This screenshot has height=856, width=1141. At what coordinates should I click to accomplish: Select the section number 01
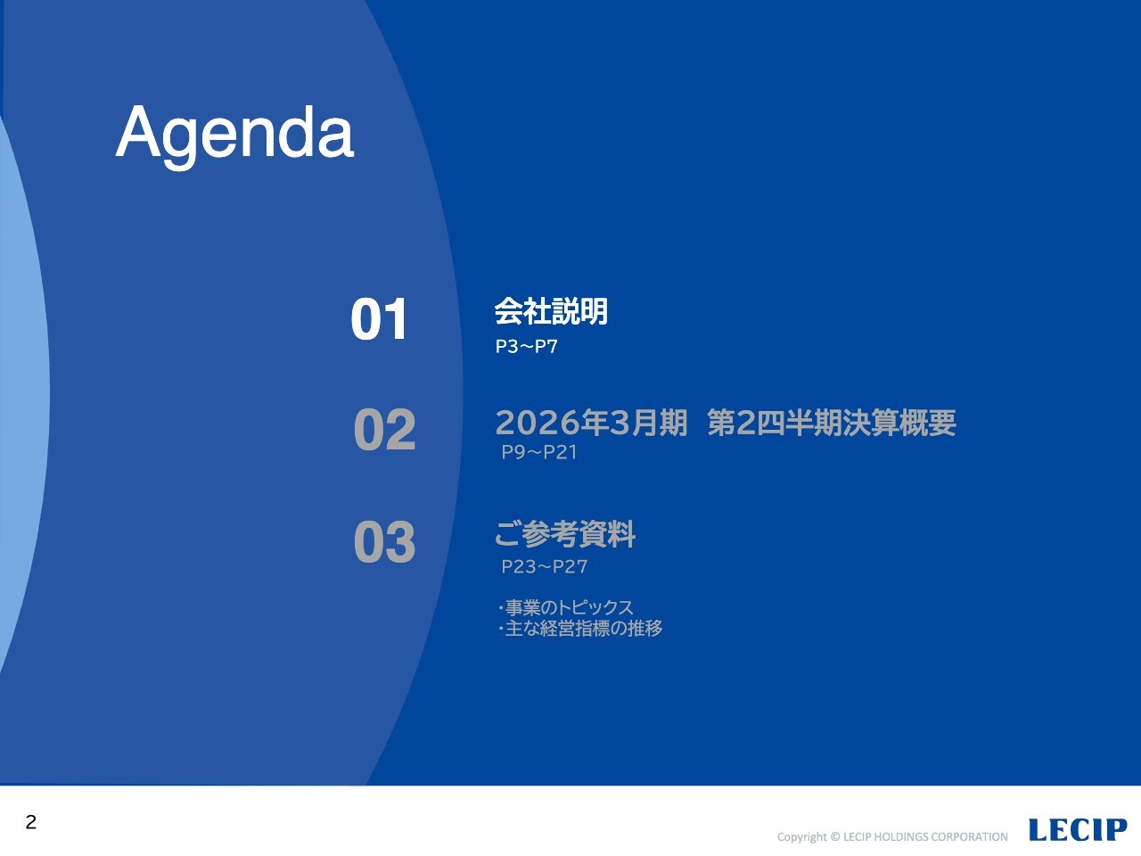coord(379,319)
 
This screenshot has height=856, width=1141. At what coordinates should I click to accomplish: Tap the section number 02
coord(385,429)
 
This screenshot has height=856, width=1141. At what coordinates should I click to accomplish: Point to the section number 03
coord(385,541)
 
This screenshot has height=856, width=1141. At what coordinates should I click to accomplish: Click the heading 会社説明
coord(551,311)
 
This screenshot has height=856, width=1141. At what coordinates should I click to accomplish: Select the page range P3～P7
coord(527,347)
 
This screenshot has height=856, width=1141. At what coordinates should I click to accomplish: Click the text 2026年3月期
coord(592,423)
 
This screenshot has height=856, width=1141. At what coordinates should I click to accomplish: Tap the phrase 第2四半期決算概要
coord(832,423)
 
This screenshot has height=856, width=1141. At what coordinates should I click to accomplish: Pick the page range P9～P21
coord(539,453)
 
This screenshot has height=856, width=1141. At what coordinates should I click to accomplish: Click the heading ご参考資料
coord(565,534)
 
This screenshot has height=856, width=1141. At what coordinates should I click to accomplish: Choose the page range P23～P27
coord(545,566)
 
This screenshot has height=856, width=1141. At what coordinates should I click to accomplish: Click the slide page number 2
coord(30,822)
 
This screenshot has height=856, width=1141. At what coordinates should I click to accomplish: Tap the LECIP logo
coord(1078,829)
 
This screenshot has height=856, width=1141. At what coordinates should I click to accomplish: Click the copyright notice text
coord(892,836)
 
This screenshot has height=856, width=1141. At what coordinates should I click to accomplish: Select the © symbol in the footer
coord(835,836)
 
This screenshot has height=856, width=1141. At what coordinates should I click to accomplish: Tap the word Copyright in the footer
coord(801,837)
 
